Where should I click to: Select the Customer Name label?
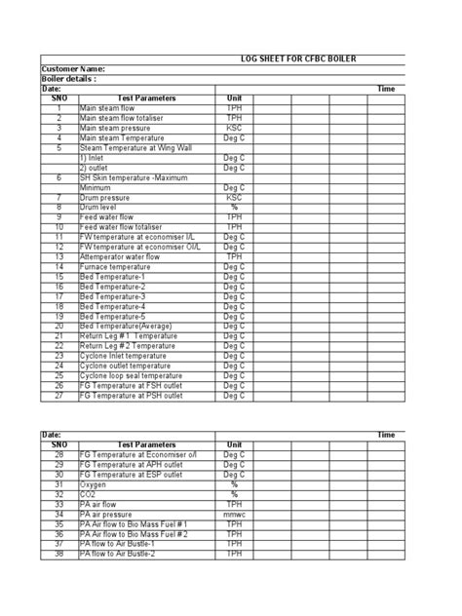point(73,69)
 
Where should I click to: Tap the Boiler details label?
point(69,79)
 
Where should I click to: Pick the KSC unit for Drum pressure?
point(234,197)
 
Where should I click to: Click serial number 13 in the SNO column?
point(58,256)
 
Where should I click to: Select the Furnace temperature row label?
point(115,266)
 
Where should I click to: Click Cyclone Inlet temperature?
point(123,356)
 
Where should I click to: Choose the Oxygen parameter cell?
point(94,484)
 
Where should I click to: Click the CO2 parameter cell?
point(89,494)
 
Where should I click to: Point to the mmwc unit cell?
point(234,514)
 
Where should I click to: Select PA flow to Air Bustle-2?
point(117,554)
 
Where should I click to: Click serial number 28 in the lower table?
point(58,454)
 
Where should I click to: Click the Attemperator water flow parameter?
point(124,256)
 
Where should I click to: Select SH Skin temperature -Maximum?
point(134,177)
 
